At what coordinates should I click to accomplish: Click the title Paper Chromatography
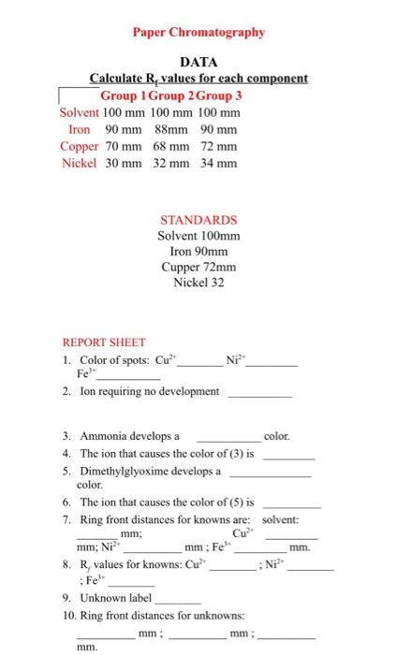click(x=198, y=32)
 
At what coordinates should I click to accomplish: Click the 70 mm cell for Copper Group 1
click(x=123, y=146)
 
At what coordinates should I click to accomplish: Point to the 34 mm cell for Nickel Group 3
click(x=218, y=163)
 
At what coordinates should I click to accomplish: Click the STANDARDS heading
click(x=198, y=220)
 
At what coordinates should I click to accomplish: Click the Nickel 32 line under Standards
click(x=198, y=282)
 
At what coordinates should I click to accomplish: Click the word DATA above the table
click(x=198, y=62)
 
